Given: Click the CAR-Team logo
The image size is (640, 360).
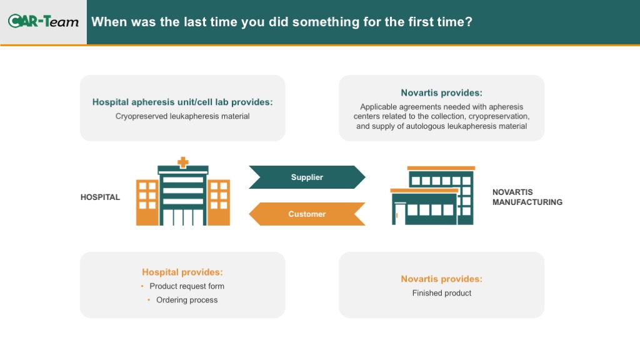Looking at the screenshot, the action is [x=43, y=21].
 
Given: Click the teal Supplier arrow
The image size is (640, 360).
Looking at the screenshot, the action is [x=307, y=177].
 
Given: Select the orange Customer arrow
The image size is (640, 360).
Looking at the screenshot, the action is [x=307, y=214].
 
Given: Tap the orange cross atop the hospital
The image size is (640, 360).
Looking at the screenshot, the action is [x=183, y=162].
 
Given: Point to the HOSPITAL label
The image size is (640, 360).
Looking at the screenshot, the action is [x=100, y=197].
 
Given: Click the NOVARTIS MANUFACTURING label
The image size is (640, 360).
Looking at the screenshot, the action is [x=527, y=197].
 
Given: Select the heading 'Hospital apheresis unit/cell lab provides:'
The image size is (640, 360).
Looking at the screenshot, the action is [x=182, y=102].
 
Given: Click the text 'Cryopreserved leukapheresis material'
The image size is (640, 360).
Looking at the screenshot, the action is [x=182, y=116].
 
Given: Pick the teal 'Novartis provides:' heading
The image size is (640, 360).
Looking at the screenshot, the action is [x=441, y=92].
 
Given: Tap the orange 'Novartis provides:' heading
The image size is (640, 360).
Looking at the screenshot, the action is [x=441, y=279].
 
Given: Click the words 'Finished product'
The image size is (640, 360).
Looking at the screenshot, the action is [x=442, y=293].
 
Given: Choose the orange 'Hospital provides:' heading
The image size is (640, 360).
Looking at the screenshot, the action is [x=182, y=272].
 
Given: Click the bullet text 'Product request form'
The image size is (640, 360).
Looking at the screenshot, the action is [x=186, y=286].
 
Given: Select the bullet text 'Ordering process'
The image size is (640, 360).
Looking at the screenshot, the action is [x=186, y=300].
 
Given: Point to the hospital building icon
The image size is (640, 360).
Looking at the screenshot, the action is [x=183, y=191].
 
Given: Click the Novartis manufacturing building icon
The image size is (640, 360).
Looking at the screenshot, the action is [x=432, y=196].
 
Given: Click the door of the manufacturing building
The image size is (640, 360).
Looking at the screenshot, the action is [x=399, y=214].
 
